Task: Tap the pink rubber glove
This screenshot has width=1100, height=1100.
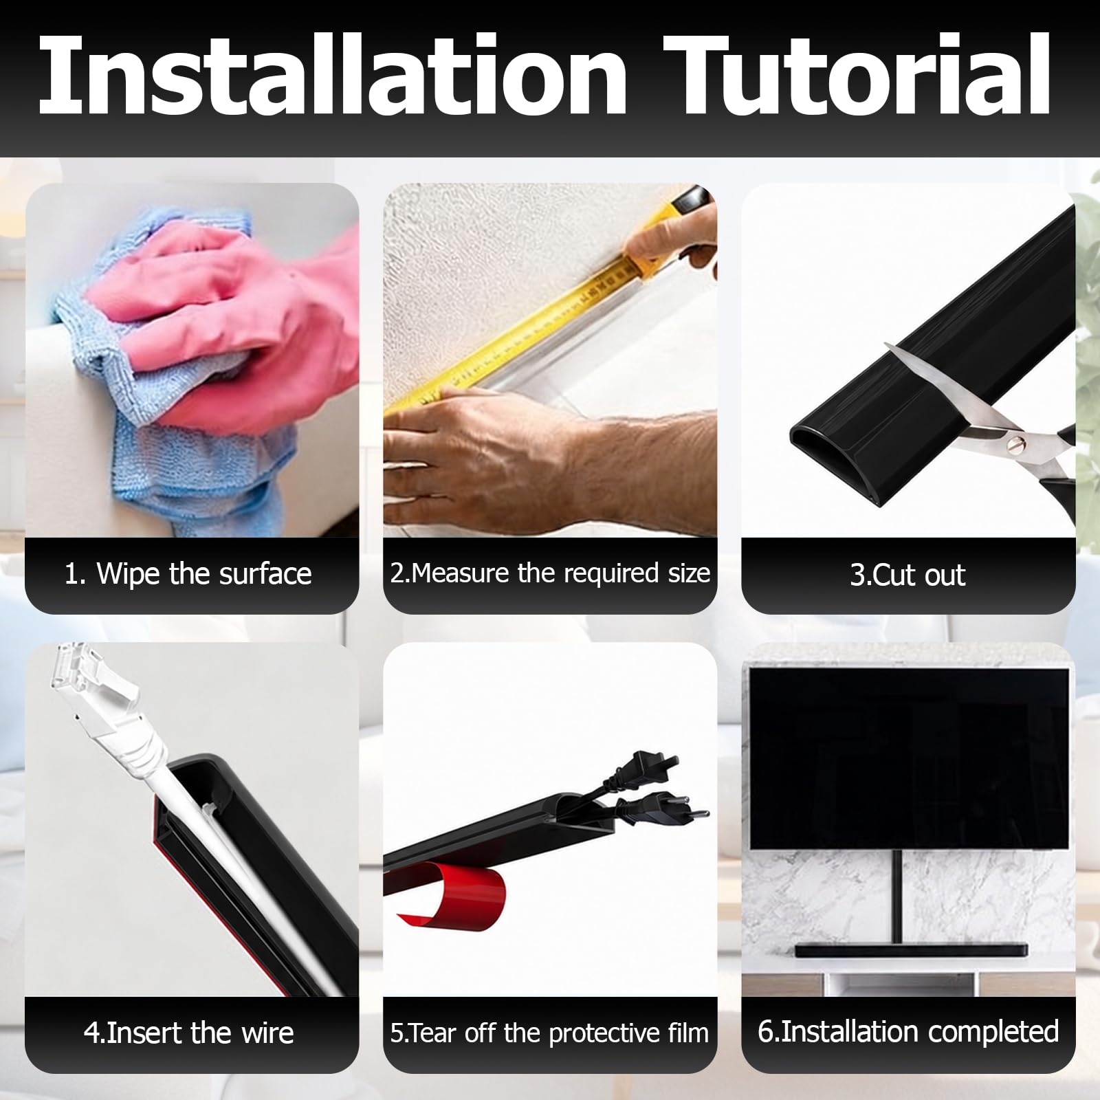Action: tap(234, 323)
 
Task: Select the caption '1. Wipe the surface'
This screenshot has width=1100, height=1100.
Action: tap(188, 573)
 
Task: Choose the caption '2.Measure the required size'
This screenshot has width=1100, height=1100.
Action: tap(550, 573)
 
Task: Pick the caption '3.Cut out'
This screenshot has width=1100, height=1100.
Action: tap(907, 575)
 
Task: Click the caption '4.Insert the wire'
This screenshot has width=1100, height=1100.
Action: tap(188, 1033)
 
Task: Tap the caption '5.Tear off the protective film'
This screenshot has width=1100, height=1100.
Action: tap(549, 1033)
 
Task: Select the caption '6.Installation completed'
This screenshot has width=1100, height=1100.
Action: tap(908, 1031)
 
